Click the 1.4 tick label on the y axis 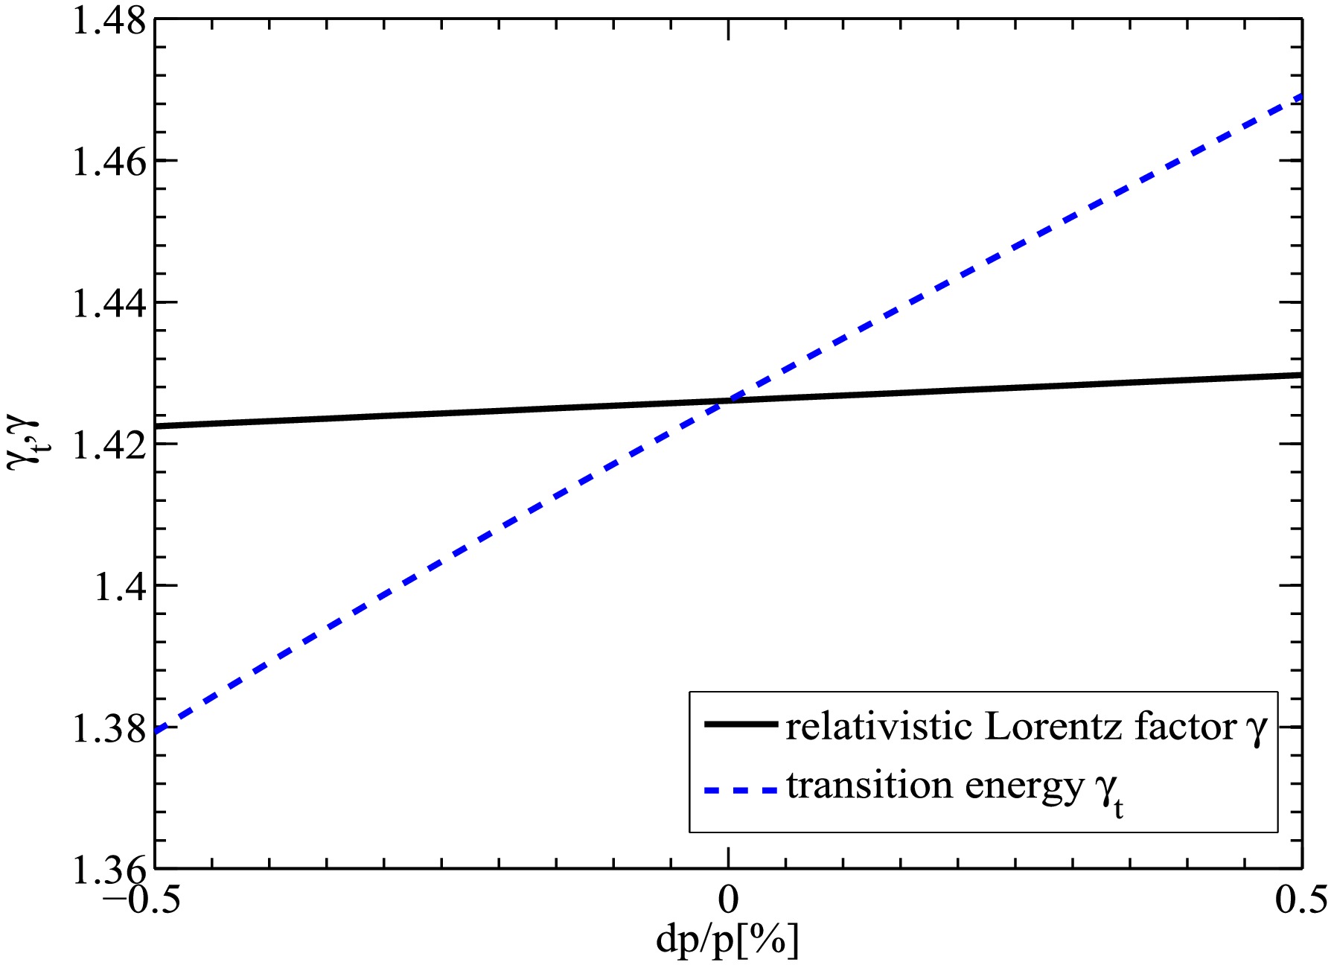click(119, 587)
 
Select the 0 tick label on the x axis click(728, 899)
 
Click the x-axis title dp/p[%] click(727, 940)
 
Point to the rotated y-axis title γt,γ click(22, 441)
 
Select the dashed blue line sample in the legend click(741, 788)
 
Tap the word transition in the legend click(869, 786)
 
